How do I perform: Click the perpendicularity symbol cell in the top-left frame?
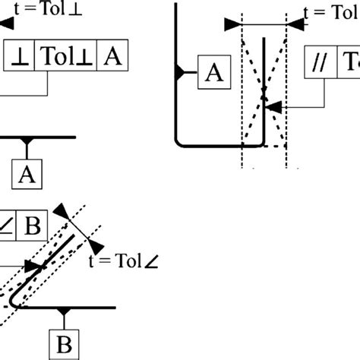(x=20, y=56)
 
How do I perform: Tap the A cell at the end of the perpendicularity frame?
(x=112, y=56)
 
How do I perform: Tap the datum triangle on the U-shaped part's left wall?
(x=179, y=72)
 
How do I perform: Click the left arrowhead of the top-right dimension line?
(x=232, y=24)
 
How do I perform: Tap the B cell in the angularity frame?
(x=33, y=226)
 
